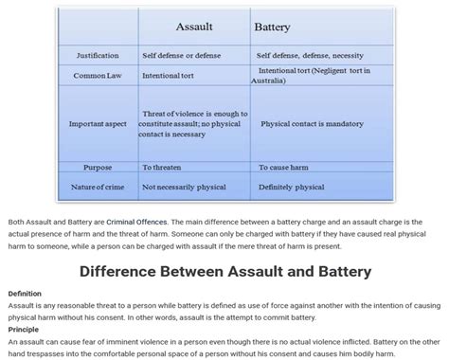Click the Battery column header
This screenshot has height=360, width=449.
[273, 27]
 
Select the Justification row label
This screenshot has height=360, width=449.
[98, 55]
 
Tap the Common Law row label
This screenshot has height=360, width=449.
[98, 75]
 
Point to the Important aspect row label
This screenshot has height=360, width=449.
[98, 124]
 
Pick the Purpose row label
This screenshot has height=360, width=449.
[98, 167]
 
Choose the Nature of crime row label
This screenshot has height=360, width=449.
[98, 187]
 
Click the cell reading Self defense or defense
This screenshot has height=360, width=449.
[181, 55]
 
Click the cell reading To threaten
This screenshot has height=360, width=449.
[161, 167]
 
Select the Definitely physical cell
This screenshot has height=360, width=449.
[292, 187]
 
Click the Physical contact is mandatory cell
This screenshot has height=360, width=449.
[312, 124]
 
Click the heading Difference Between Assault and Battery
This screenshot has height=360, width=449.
[224, 271]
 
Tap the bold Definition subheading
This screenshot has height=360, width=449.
[25, 294]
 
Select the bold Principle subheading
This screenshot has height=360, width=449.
[24, 329]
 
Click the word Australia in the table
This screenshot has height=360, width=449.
[268, 81]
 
